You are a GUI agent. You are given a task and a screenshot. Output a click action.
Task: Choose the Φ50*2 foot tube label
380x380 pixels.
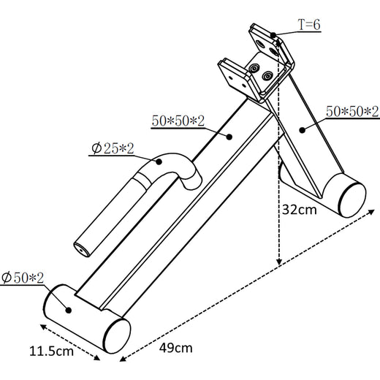(23, 278)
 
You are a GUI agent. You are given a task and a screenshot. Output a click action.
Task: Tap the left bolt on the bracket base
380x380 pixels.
(255, 68)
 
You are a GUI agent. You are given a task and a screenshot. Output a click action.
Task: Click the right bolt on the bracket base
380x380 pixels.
(267, 75)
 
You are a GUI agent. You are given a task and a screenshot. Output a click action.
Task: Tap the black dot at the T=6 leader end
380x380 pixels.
(273, 34)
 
